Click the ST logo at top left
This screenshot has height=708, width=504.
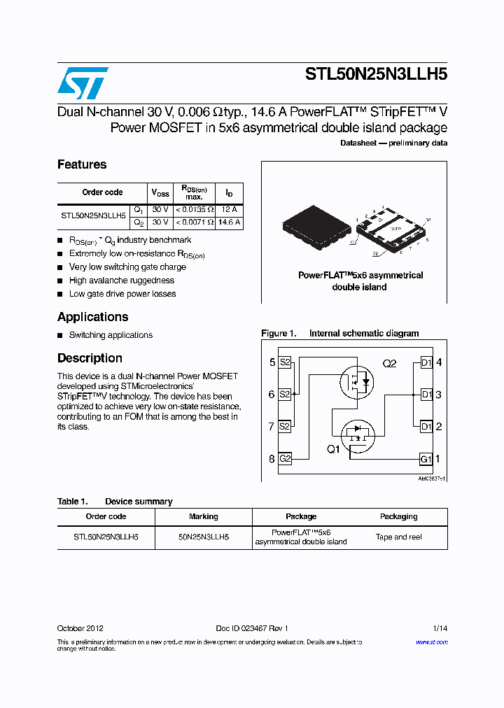click(82, 83)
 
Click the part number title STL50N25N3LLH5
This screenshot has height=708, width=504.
click(376, 75)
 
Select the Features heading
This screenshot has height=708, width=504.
click(82, 164)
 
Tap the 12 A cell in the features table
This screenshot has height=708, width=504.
click(229, 209)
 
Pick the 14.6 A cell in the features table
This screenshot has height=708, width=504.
click(229, 222)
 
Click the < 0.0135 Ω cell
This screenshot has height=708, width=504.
click(194, 209)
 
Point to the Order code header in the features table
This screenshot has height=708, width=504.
click(102, 192)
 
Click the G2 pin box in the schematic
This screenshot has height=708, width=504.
click(285, 459)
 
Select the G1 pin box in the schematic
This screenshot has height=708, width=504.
click(426, 459)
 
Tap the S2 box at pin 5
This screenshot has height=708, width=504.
click(285, 362)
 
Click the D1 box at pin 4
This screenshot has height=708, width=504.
click(426, 362)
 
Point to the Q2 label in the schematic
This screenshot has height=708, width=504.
click(389, 364)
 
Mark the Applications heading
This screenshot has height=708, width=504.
click(92, 317)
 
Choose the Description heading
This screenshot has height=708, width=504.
click(90, 358)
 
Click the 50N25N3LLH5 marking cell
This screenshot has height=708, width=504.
click(204, 537)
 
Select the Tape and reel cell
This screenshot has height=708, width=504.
click(398, 537)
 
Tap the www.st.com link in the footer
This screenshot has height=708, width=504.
click(432, 642)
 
